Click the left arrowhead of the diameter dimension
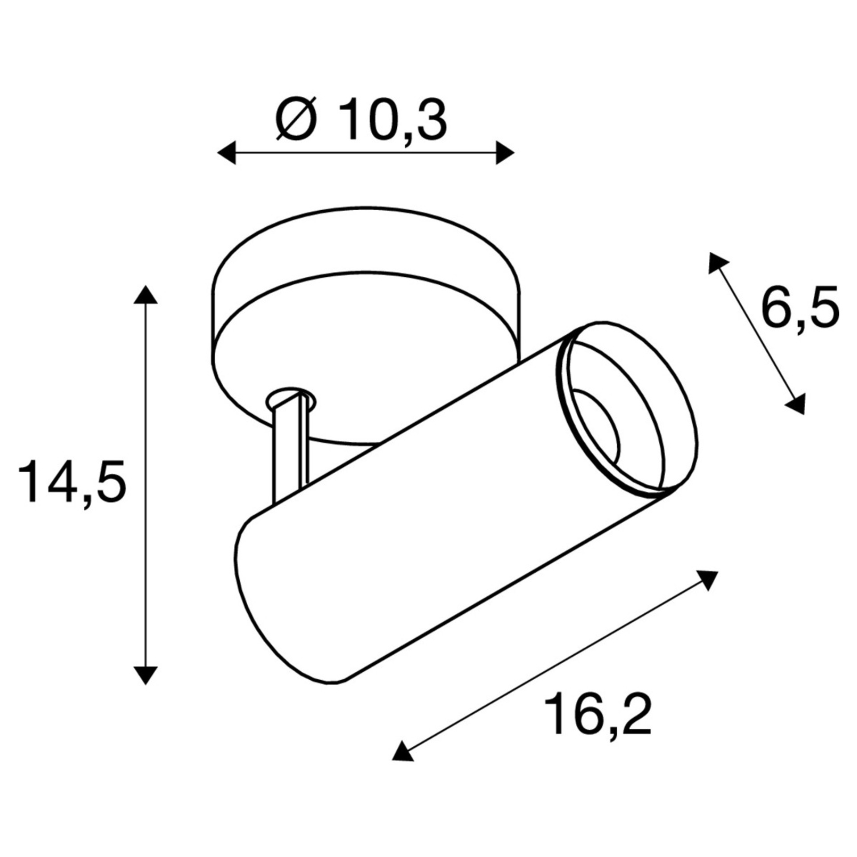(x=226, y=153)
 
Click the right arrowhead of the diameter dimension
(x=505, y=153)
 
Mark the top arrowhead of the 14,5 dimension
(x=146, y=295)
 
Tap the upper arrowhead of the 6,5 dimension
(x=717, y=263)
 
